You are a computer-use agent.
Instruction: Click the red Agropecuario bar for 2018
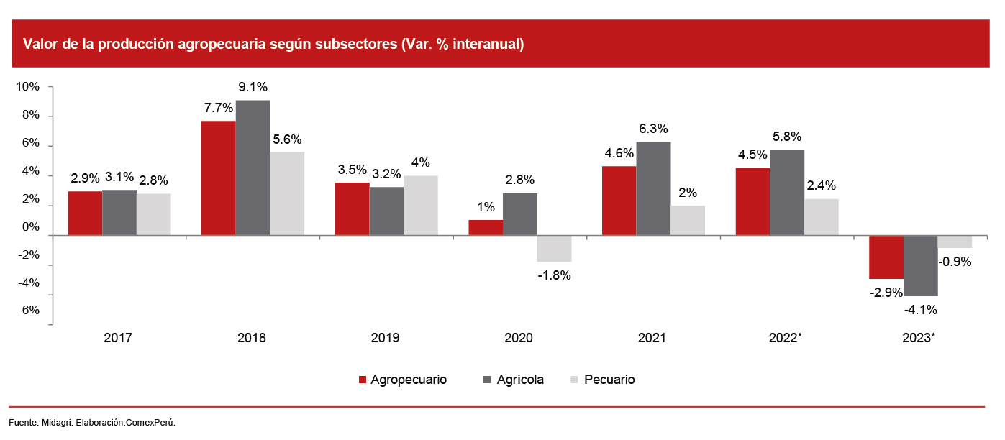pos(218,178)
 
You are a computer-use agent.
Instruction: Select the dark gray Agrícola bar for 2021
pos(653,188)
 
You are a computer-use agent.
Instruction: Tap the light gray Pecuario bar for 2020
pos(554,249)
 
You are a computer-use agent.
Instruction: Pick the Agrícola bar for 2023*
pos(921,265)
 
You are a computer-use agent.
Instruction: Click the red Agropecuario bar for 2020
pos(486,227)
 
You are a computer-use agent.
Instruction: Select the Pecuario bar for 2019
pos(420,205)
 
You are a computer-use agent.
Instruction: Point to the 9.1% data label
pos(253,87)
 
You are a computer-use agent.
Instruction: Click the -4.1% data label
pos(922,311)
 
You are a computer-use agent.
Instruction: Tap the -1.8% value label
pos(554,275)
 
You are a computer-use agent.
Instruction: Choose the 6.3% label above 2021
pos(653,129)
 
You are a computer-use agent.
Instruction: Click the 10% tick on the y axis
pos(28,87)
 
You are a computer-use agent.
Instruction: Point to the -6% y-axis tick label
pos(28,311)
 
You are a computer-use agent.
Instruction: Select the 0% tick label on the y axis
pos(31,228)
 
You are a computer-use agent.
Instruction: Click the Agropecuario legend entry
pos(408,380)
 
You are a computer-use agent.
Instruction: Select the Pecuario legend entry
pos(609,380)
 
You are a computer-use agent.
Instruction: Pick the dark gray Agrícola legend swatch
pos(487,380)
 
